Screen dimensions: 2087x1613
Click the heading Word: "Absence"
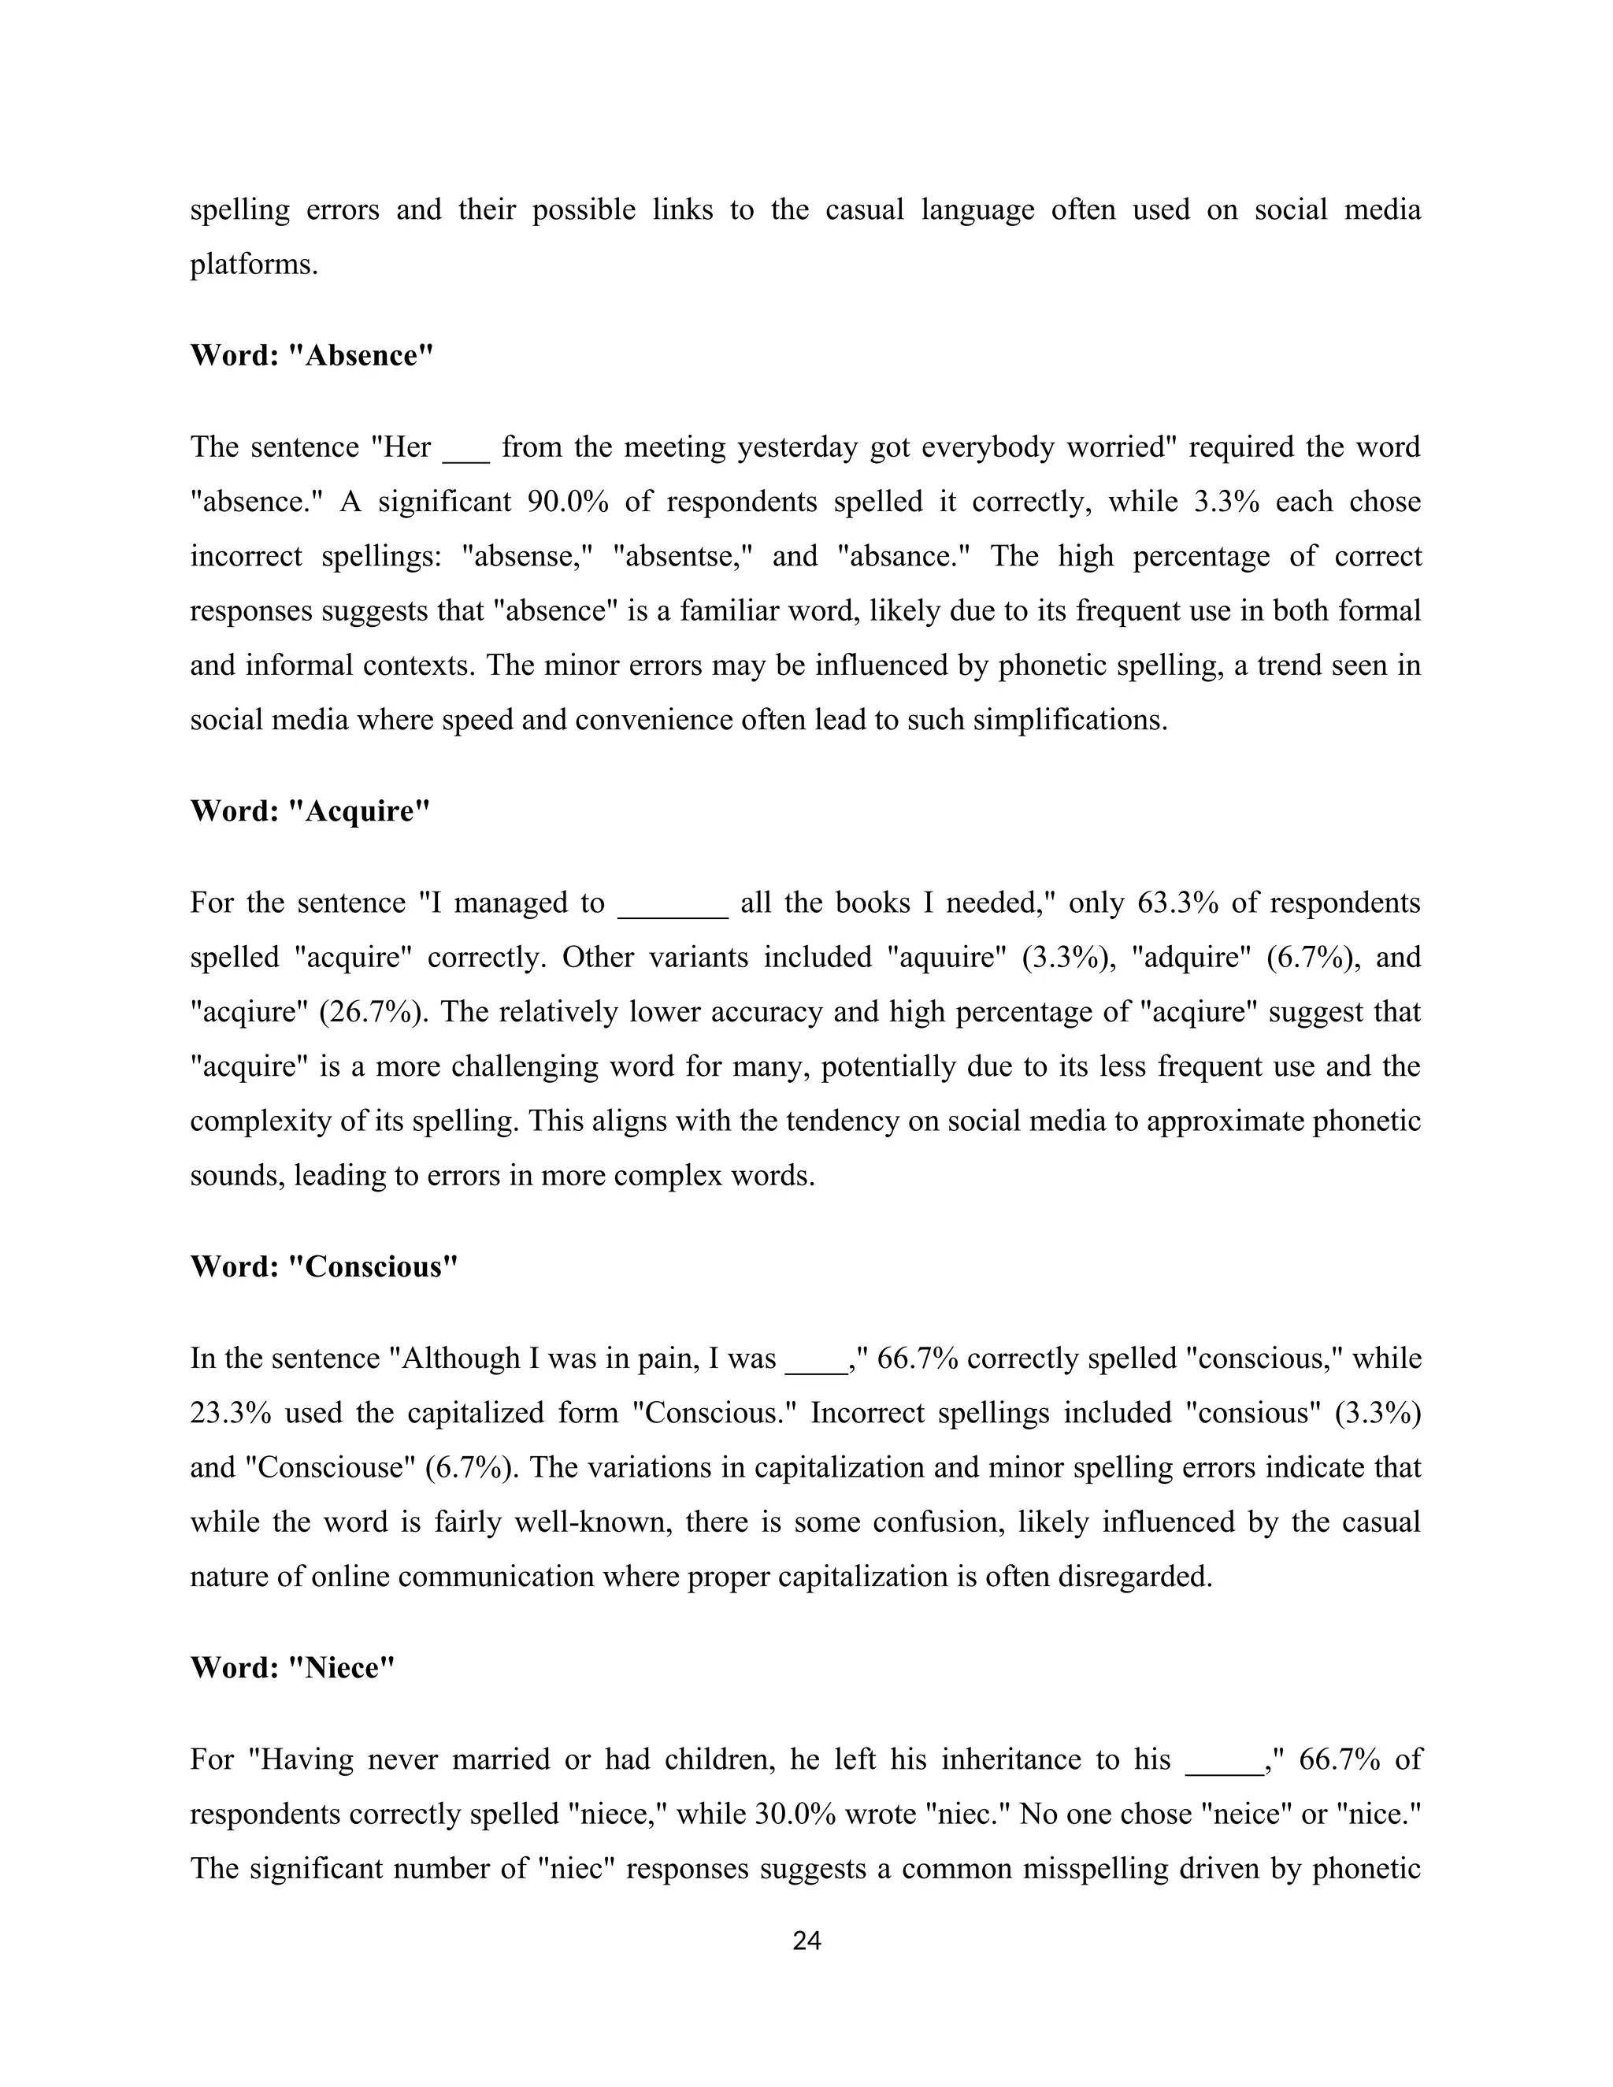312,355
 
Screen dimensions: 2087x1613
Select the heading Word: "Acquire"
310,811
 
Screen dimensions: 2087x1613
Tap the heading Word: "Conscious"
324,1267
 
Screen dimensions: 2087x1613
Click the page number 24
806,1941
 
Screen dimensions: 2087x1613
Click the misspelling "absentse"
682,556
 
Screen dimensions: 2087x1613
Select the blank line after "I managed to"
673,908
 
